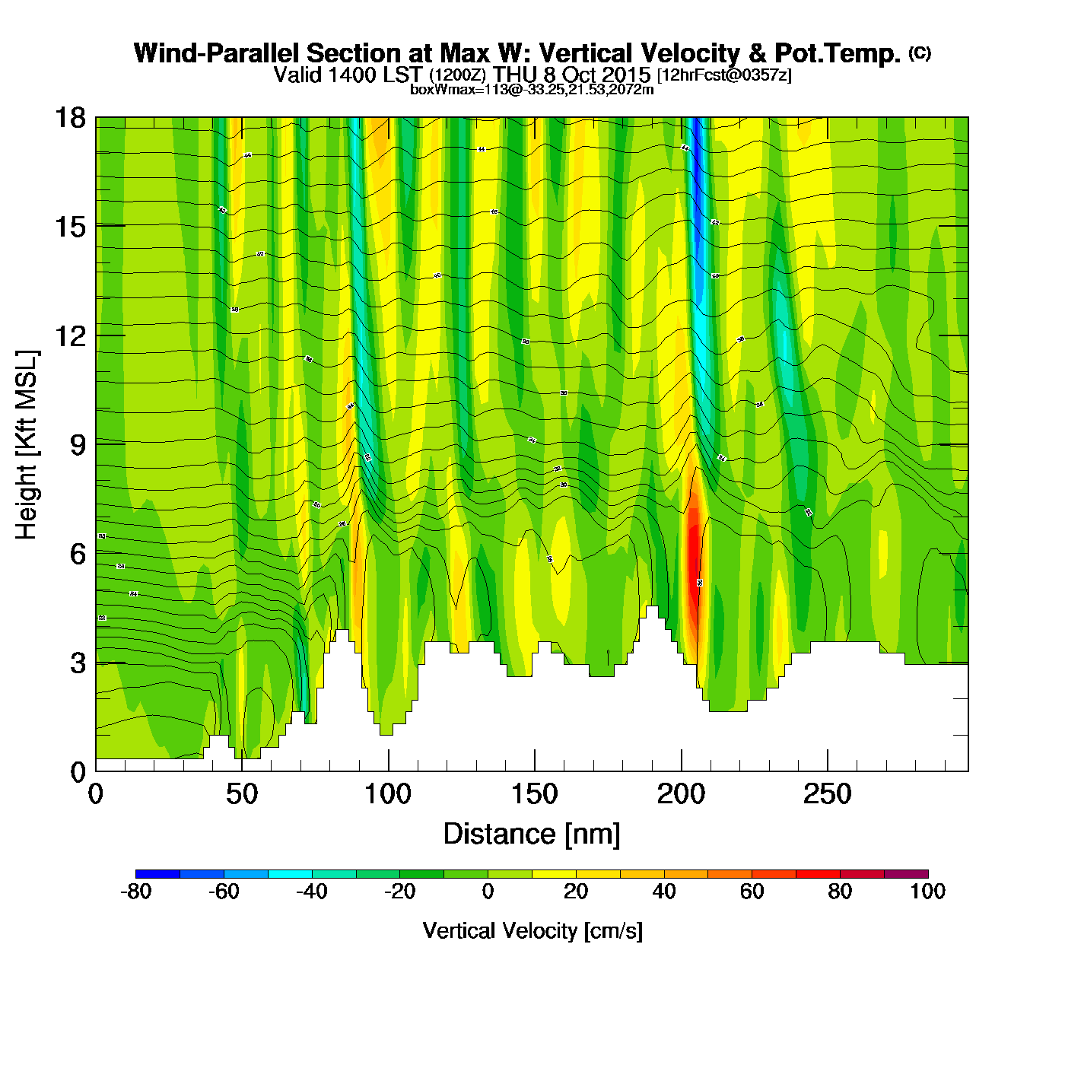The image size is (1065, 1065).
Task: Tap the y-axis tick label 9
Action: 78,445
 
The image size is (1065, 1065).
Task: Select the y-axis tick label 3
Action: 78,663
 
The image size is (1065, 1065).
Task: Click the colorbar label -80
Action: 135,892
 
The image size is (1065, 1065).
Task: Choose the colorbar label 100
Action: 927,892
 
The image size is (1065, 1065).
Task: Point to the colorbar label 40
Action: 663,892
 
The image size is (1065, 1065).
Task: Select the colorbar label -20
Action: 399,892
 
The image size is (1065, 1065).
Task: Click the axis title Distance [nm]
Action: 532,835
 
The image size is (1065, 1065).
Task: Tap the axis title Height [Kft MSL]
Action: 27,445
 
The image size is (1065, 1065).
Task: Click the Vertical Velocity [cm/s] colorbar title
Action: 532,930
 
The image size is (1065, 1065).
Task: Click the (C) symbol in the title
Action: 920,52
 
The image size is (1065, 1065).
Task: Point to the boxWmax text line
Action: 532,89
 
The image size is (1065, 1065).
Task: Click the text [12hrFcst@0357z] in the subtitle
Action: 724,75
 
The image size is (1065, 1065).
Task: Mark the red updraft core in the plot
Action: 693,548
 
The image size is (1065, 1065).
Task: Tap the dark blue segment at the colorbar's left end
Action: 157,873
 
